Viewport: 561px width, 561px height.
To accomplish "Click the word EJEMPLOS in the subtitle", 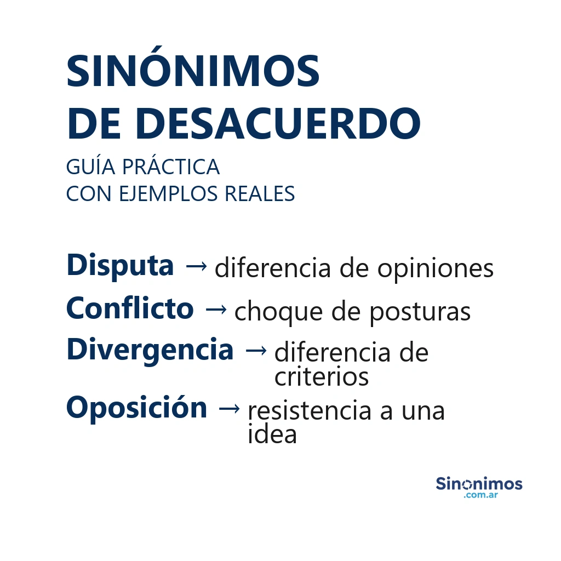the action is click(168, 194).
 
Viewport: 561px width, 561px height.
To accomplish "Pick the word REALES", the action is click(259, 194).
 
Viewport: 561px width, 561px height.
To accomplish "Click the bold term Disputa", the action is click(120, 266).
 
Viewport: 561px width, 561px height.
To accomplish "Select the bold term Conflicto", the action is click(130, 308).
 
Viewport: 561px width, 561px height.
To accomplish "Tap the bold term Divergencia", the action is click(150, 351).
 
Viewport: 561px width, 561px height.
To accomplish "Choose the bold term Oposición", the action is click(136, 409).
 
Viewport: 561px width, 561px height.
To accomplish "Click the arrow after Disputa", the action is click(196, 266).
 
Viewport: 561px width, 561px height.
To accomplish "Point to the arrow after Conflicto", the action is click(216, 309).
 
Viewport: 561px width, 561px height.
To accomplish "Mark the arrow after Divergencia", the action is click(256, 351).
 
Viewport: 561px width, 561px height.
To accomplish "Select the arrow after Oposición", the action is click(229, 409).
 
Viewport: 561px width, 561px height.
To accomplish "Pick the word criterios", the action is click(321, 377).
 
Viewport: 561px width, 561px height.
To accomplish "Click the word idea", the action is click(272, 434).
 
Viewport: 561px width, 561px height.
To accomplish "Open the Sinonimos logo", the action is click(479, 487).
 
